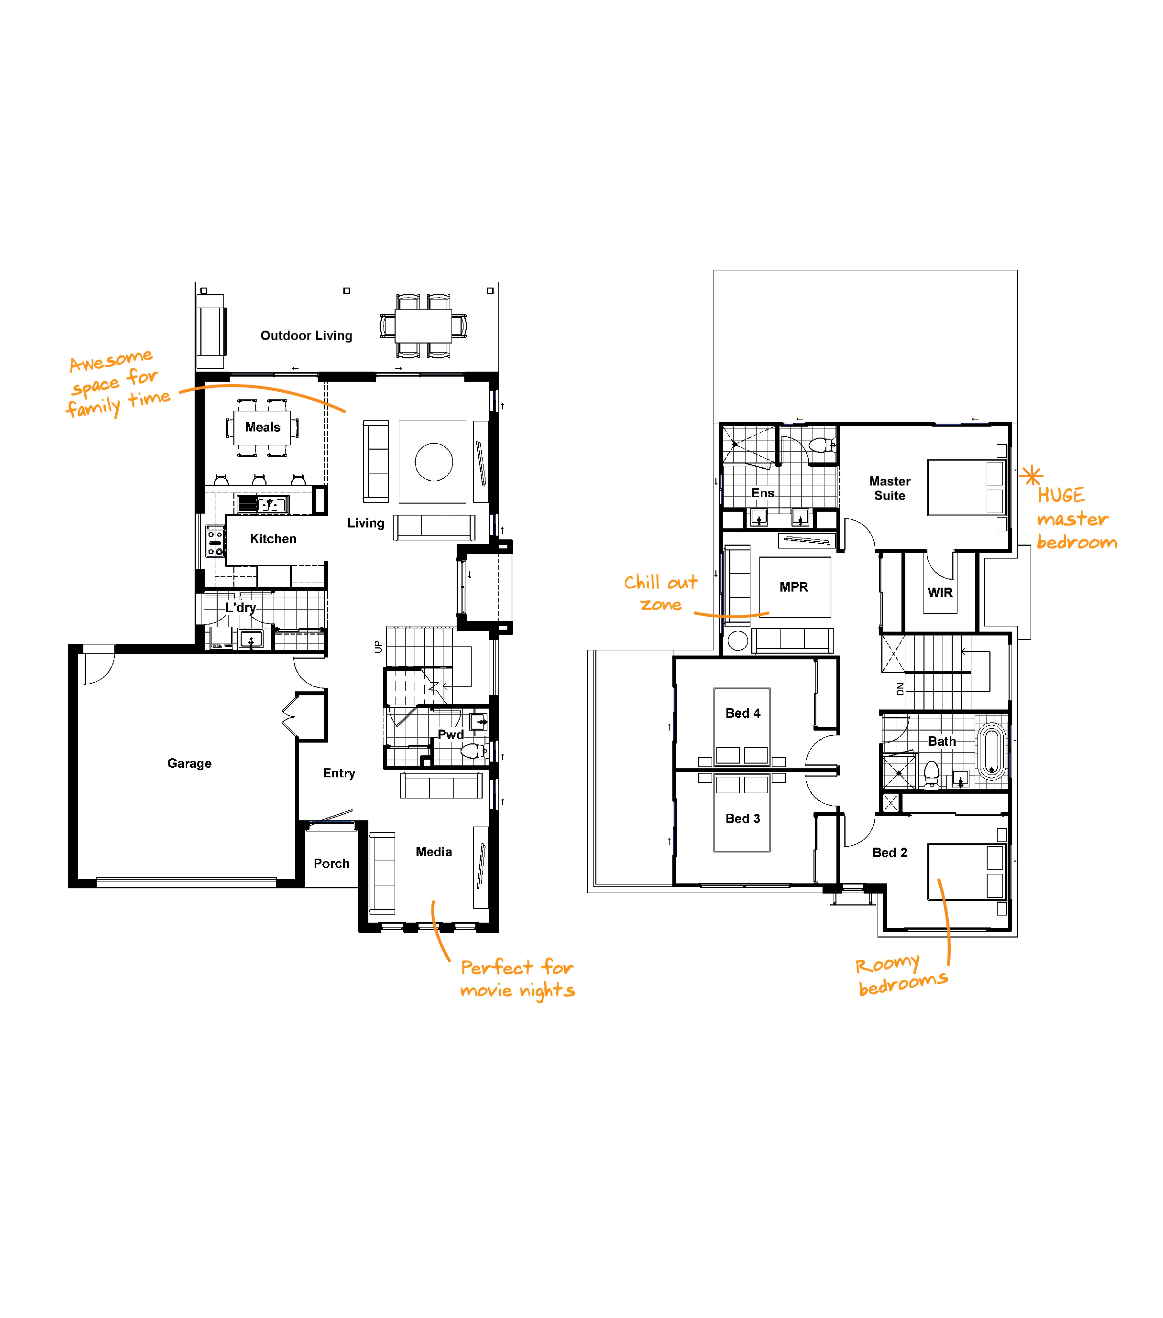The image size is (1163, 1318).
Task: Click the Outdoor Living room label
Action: pyautogui.click(x=306, y=336)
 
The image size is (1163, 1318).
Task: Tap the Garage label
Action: pyautogui.click(x=189, y=763)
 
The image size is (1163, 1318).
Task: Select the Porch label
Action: pyautogui.click(x=332, y=863)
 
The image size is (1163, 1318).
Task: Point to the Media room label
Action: pyautogui.click(x=433, y=852)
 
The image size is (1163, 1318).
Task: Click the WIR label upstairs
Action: pyautogui.click(x=940, y=592)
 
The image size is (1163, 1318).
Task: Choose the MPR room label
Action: pyautogui.click(x=793, y=587)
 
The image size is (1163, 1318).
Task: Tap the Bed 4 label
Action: pyautogui.click(x=742, y=713)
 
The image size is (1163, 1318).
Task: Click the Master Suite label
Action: pyautogui.click(x=889, y=488)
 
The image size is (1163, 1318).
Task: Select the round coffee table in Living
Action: pyautogui.click(x=433, y=462)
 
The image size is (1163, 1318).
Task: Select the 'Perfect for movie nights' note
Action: pyautogui.click(x=517, y=979)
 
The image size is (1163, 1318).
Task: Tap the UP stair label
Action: pyautogui.click(x=378, y=647)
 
